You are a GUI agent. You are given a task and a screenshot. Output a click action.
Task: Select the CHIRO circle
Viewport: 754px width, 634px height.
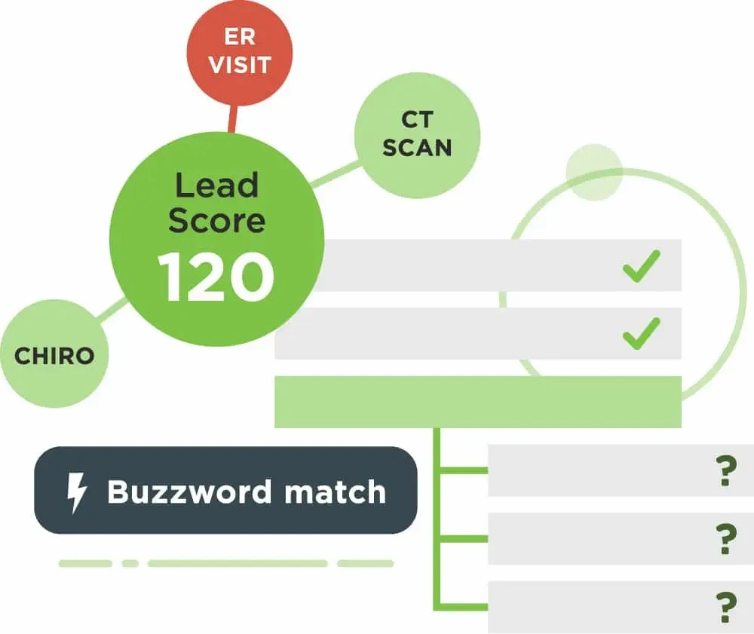click(54, 355)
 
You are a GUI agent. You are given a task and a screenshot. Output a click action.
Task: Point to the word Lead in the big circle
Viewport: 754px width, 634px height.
click(216, 185)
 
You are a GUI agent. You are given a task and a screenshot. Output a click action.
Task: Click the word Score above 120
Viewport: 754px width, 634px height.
click(216, 220)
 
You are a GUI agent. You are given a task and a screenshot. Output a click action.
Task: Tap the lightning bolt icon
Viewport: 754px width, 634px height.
click(77, 492)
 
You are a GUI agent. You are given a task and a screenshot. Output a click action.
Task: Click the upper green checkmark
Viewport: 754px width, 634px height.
click(642, 265)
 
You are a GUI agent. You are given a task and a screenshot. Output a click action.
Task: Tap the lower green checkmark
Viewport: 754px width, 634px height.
click(642, 333)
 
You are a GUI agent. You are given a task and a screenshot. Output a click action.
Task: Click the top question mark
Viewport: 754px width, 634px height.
click(725, 470)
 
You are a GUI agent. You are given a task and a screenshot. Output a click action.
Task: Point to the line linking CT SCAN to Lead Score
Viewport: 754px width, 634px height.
click(335, 175)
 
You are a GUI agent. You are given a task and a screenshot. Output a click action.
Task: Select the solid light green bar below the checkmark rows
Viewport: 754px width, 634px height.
click(477, 402)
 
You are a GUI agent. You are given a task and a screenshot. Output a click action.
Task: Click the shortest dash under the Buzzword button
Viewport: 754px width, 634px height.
click(130, 563)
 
